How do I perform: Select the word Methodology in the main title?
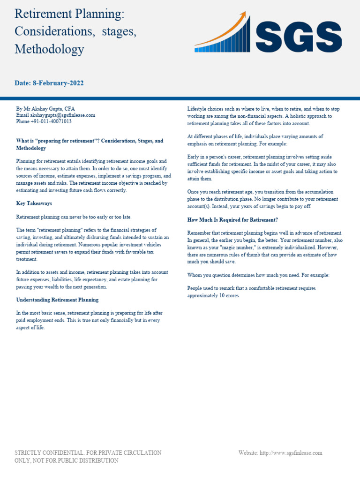49,49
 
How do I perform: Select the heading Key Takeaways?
34,203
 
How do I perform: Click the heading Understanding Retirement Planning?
57,300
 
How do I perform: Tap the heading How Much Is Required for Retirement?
233,219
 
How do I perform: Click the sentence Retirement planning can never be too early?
74,217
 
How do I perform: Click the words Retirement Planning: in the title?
69,14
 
